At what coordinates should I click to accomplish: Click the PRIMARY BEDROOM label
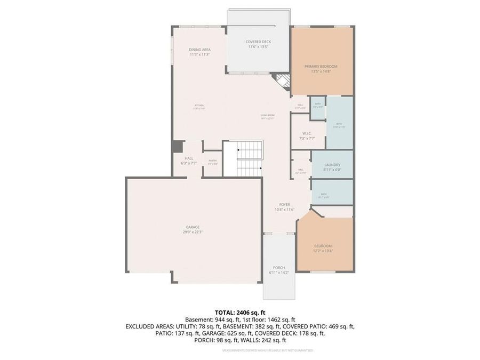pyautogui.click(x=321, y=67)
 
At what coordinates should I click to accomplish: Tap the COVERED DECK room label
pyautogui.click(x=258, y=42)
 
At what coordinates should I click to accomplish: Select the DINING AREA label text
pyautogui.click(x=199, y=50)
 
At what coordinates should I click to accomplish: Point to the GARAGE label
pyautogui.click(x=193, y=227)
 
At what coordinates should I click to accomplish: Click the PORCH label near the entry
pyautogui.click(x=278, y=268)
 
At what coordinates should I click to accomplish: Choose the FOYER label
pyautogui.click(x=284, y=204)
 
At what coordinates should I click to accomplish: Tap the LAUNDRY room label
pyautogui.click(x=332, y=165)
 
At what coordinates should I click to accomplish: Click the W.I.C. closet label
pyautogui.click(x=307, y=133)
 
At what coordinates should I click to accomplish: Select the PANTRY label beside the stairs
pyautogui.click(x=212, y=161)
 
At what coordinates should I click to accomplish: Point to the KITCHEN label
pyautogui.click(x=199, y=106)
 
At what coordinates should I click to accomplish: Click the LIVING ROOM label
pyautogui.click(x=267, y=115)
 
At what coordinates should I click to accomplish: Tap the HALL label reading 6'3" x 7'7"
pyautogui.click(x=189, y=158)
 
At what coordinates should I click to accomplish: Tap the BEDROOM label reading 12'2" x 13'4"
pyautogui.click(x=323, y=246)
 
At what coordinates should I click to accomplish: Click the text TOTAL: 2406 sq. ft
pyautogui.click(x=240, y=313)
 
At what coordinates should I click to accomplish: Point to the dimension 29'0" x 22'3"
pyautogui.click(x=193, y=231)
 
